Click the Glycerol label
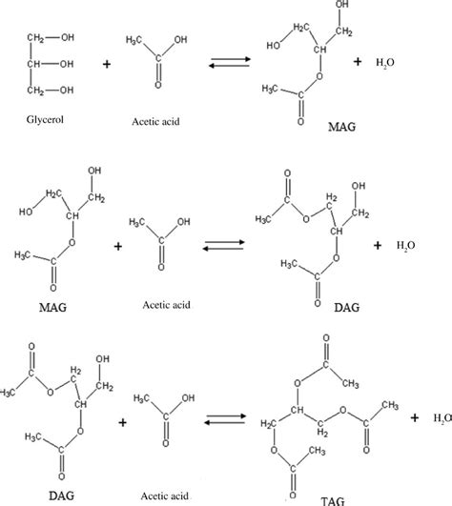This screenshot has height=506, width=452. [x=45, y=120]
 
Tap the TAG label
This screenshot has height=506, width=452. [x=333, y=501]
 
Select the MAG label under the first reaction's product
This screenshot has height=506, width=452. [x=342, y=127]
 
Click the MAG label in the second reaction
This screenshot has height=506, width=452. [x=53, y=307]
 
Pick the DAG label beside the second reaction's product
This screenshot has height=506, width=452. [x=347, y=308]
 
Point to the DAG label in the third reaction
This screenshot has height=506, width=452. [x=61, y=496]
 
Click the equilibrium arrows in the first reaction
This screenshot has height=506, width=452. [x=230, y=62]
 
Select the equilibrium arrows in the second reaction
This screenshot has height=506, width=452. [x=224, y=245]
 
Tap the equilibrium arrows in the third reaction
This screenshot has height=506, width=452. [x=226, y=419]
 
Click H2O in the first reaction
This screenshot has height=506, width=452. [x=385, y=62]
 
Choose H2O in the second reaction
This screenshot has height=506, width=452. [x=406, y=246]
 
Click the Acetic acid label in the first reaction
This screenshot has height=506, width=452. [x=155, y=122]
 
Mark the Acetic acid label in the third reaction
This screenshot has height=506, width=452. [x=165, y=496]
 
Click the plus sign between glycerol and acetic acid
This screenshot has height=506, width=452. [x=107, y=64]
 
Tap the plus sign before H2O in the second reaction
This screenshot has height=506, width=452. [x=378, y=246]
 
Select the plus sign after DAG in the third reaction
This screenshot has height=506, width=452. [x=122, y=422]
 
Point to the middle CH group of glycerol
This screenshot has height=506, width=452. [x=34, y=64]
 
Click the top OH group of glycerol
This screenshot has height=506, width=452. [x=68, y=37]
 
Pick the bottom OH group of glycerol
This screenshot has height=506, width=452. [x=67, y=90]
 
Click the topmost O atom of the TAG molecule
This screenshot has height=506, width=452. [x=326, y=338]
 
